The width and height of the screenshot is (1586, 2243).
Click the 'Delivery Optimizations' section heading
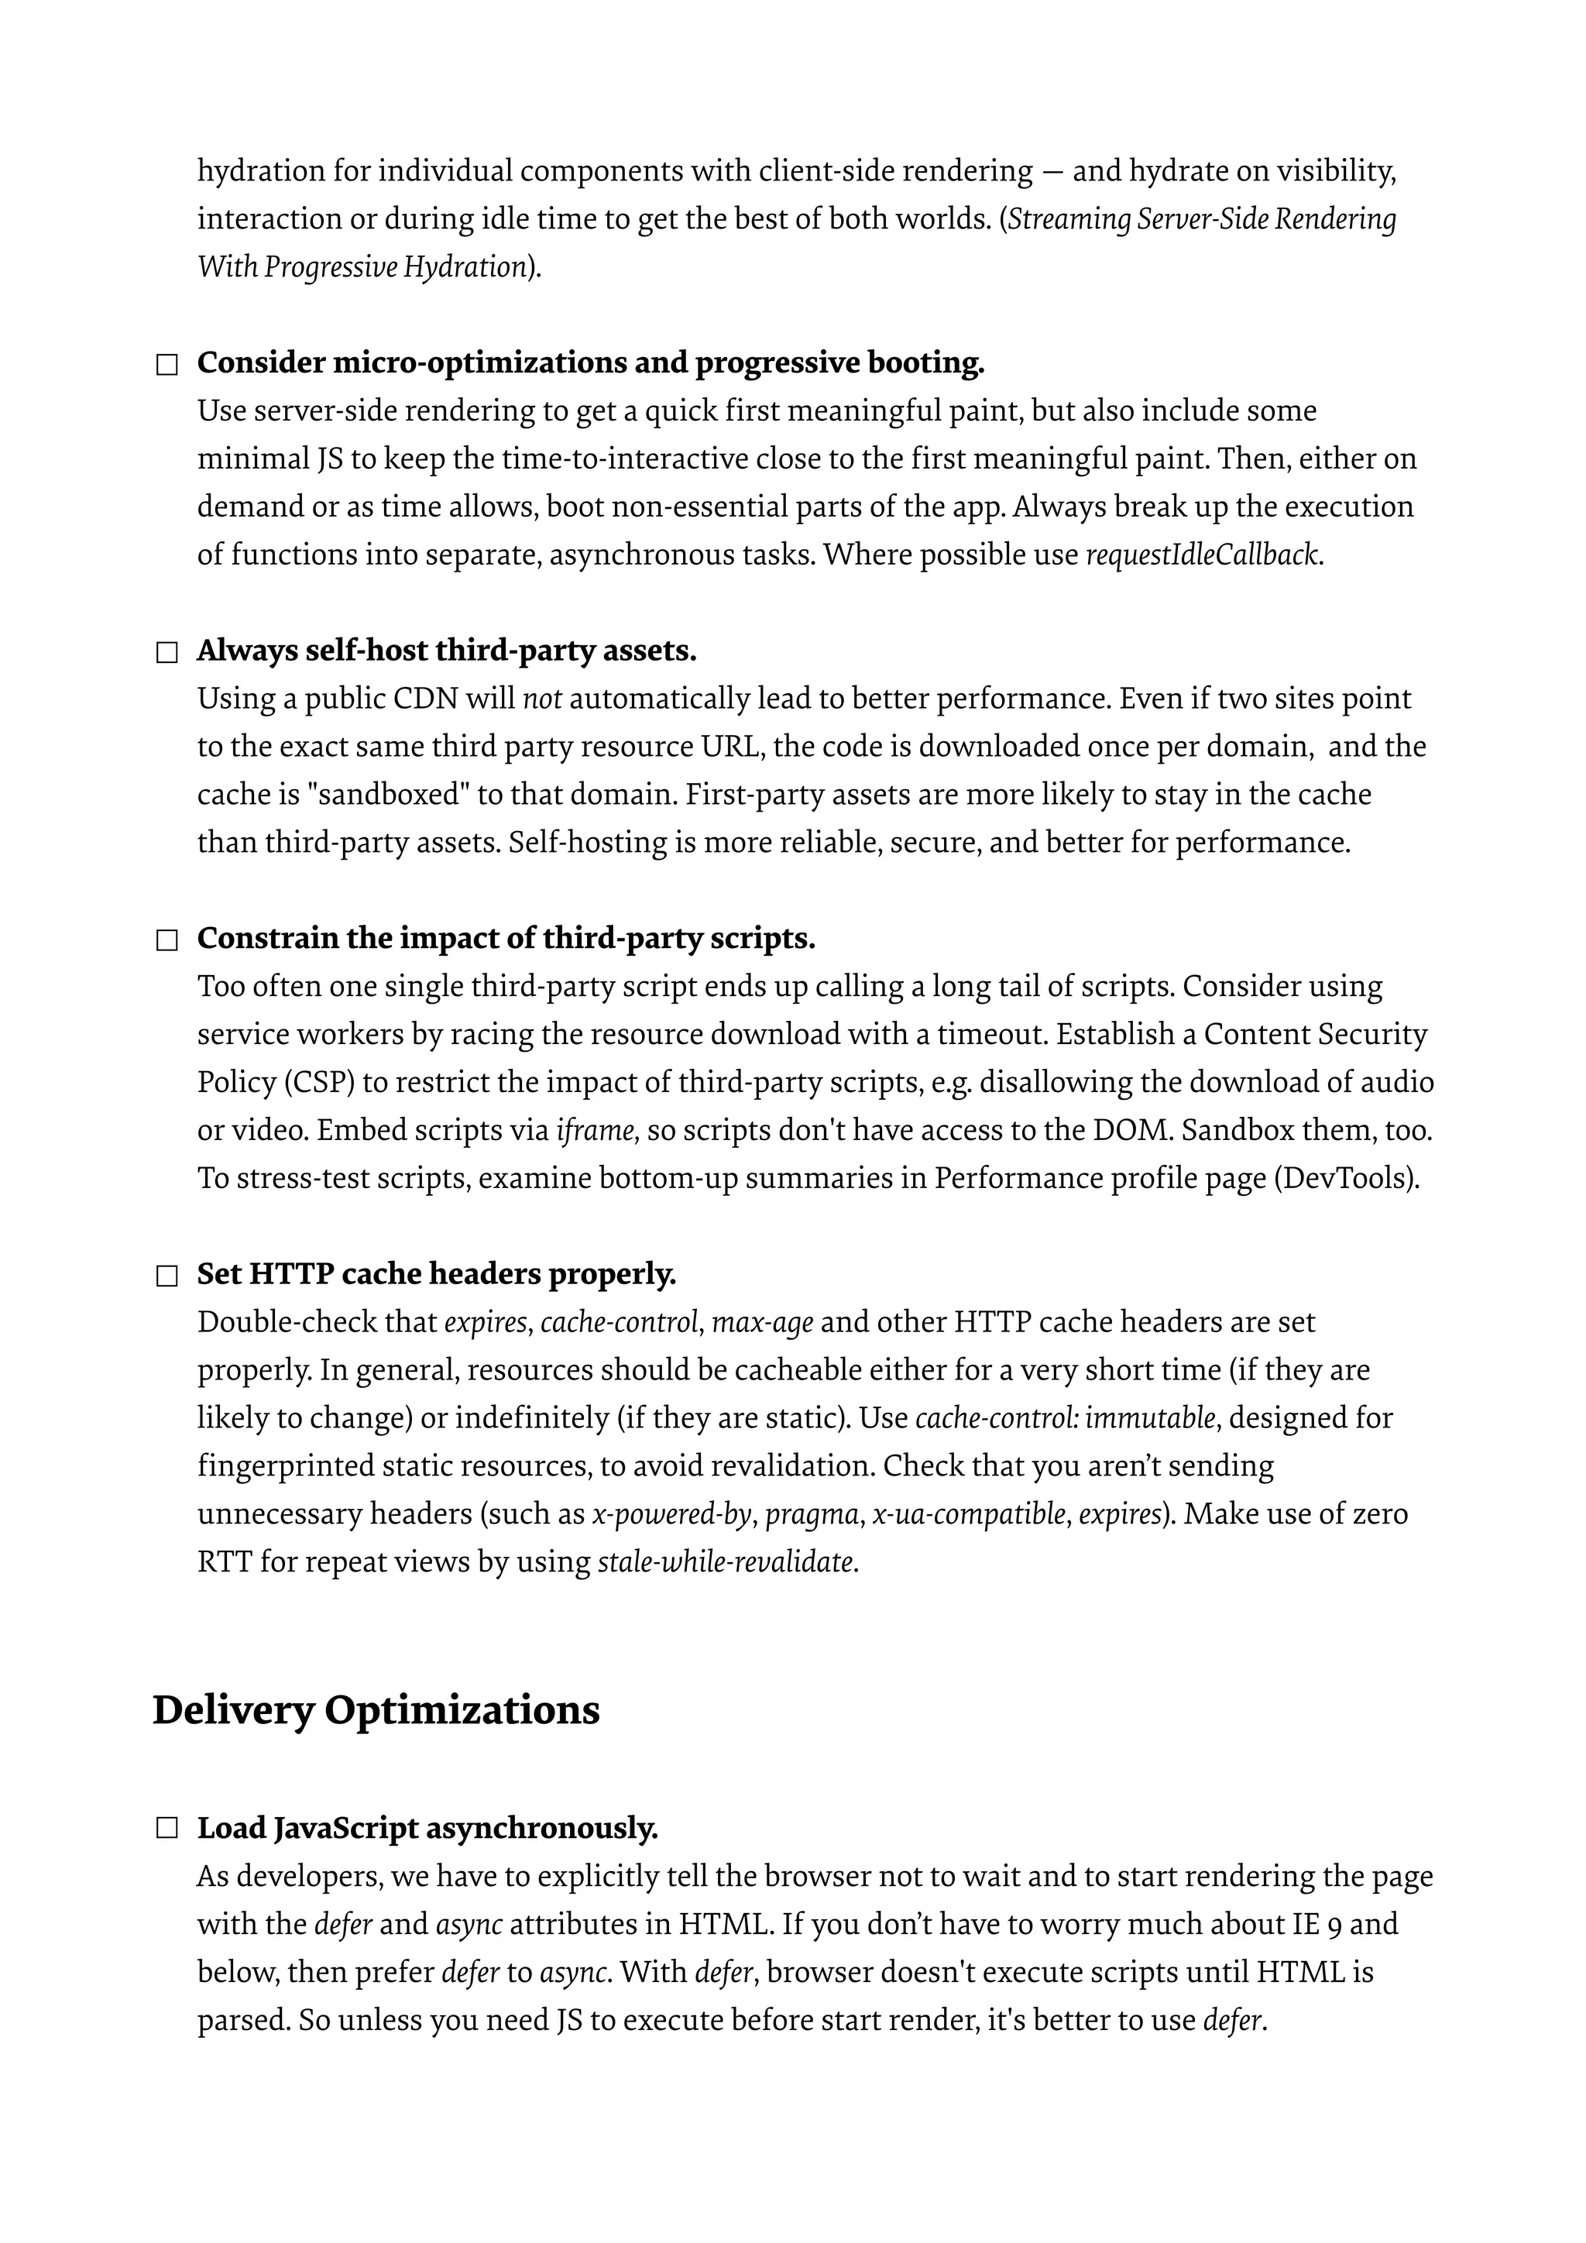376,1709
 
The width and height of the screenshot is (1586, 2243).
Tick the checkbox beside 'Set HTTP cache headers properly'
167,1276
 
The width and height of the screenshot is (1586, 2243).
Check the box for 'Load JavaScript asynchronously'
167,1829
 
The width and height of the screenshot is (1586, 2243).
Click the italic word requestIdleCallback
1203,555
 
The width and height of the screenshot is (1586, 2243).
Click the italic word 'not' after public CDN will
542,699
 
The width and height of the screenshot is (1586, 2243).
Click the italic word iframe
596,1130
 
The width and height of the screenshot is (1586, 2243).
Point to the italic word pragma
812,1514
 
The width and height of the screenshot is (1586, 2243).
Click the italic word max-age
762,1322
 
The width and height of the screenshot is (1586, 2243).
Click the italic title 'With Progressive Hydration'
362,266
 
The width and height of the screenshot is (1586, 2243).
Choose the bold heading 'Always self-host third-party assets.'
446,651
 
